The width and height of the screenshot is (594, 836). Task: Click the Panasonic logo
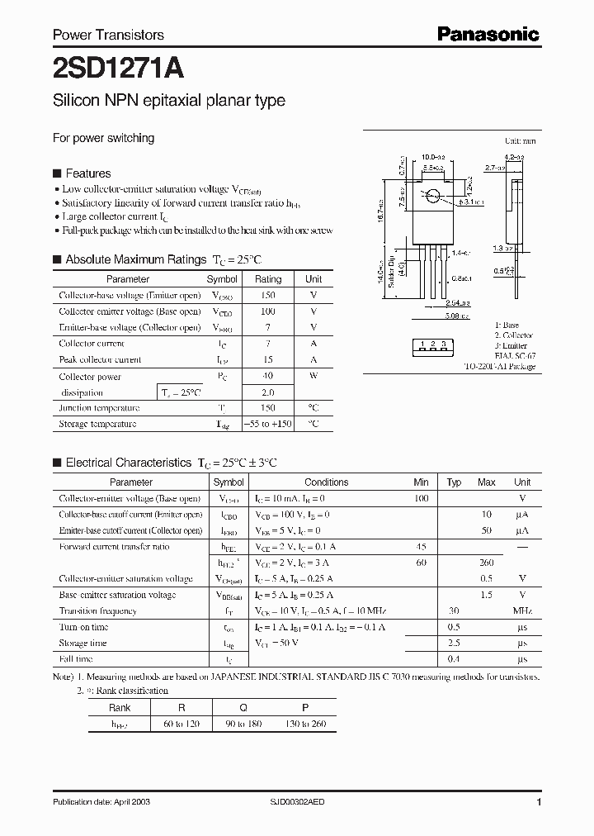tap(488, 34)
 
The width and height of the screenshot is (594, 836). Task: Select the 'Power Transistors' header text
tap(108, 35)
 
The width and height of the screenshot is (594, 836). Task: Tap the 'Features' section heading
tap(87, 173)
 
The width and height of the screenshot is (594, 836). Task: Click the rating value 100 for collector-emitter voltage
tap(267, 311)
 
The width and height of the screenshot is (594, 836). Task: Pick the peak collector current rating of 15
tap(267, 359)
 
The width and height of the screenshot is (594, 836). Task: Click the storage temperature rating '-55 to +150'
tap(267, 424)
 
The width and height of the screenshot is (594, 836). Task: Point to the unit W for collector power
tap(313, 376)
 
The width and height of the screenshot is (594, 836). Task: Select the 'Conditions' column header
tap(327, 482)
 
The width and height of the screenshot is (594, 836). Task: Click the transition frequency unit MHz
tap(522, 611)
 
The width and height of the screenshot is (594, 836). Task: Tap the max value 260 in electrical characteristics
tap(487, 563)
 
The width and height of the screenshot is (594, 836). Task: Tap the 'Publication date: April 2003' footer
tap(101, 802)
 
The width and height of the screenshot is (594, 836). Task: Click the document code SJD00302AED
tap(304, 802)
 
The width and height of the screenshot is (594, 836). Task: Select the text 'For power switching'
tap(103, 138)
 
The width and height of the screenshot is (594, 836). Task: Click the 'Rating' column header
tap(267, 279)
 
